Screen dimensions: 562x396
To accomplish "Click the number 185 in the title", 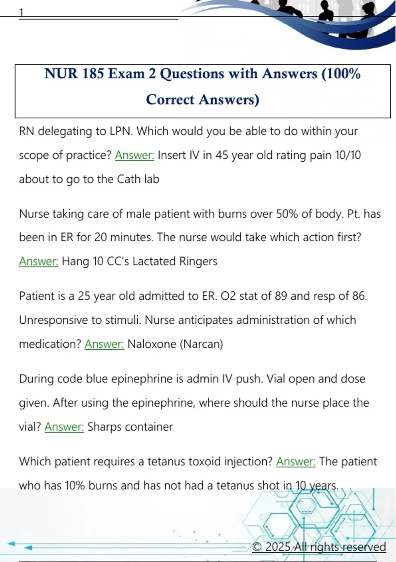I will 93,73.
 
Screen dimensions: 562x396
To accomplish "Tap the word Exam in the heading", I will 126,73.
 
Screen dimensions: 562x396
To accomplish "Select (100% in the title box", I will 341,73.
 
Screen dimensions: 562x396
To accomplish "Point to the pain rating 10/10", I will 348,155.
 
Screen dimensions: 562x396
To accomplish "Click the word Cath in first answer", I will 126,179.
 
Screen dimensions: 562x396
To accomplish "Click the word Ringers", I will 198,261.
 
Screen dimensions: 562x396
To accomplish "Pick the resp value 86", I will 359,296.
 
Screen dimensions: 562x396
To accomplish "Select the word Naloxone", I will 152,344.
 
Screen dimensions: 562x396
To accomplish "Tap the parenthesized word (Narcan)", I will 201,344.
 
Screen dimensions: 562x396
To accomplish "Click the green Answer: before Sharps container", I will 64,427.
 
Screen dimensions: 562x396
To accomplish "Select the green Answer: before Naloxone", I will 104,344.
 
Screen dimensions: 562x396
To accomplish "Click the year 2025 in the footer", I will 278,547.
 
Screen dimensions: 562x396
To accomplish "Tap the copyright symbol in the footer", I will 257,547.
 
